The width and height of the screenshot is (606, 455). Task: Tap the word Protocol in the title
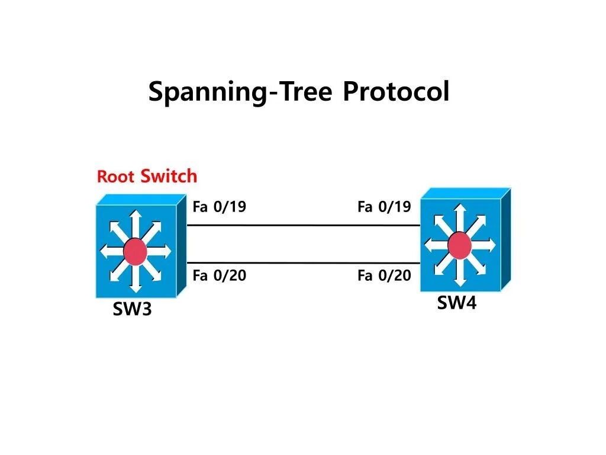395,92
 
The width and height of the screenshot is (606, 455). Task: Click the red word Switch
169,176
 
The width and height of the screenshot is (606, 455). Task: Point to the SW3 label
132,309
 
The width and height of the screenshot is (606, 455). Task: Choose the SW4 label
456,303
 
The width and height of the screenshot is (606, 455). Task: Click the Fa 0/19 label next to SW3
219,207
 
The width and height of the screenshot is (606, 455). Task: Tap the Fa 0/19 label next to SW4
383,207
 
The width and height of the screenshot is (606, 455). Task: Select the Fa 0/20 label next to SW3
219,275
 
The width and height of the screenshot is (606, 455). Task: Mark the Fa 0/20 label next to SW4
383,275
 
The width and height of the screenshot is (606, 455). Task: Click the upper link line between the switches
303,225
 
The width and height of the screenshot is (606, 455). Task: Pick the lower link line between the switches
303,262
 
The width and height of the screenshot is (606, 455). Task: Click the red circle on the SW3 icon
136,252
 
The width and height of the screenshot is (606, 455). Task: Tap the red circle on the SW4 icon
459,245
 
